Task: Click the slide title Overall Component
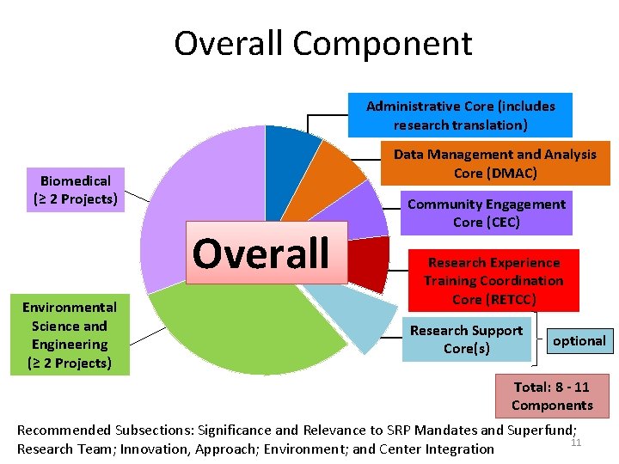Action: pyautogui.click(x=322, y=44)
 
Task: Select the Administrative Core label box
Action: pyautogui.click(x=460, y=115)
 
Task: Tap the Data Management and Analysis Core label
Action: pyautogui.click(x=494, y=163)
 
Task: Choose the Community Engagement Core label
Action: pyautogui.click(x=486, y=213)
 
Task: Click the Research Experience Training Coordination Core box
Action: pyautogui.click(x=493, y=281)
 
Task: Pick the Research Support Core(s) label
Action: pyautogui.click(x=466, y=339)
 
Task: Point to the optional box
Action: pyautogui.click(x=579, y=341)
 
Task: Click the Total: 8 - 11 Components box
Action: pyautogui.click(x=551, y=396)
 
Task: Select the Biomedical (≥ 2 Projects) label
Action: pyautogui.click(x=75, y=190)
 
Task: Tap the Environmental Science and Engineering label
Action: pyautogui.click(x=69, y=335)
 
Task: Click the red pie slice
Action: pyautogui.click(x=367, y=262)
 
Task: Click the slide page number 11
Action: pyautogui.click(x=576, y=443)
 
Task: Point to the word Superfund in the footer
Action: pyautogui.click(x=540, y=430)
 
